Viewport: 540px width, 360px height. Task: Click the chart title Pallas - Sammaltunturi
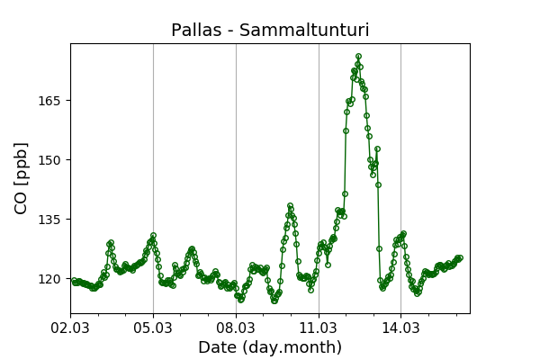click(x=270, y=31)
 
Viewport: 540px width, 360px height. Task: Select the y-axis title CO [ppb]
click(x=22, y=178)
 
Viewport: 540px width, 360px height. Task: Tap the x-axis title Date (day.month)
click(x=270, y=347)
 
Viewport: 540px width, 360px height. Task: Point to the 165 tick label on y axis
click(x=49, y=100)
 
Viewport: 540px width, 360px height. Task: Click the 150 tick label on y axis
click(x=49, y=159)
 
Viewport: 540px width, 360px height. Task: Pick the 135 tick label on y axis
click(x=49, y=219)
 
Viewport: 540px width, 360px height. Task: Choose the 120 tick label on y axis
click(x=49, y=279)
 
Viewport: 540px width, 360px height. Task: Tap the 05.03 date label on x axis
click(x=153, y=325)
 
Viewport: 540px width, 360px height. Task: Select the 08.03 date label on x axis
click(x=236, y=325)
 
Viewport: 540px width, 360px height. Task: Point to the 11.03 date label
click(x=319, y=325)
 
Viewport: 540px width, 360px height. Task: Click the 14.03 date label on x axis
click(x=400, y=325)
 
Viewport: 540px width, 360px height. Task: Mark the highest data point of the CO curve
click(x=358, y=57)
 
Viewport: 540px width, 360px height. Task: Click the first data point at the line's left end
click(x=75, y=282)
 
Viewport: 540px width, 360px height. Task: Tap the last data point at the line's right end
click(x=460, y=258)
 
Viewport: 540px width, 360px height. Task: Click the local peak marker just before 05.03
click(x=153, y=236)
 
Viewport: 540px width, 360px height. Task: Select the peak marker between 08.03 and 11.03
click(x=290, y=206)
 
